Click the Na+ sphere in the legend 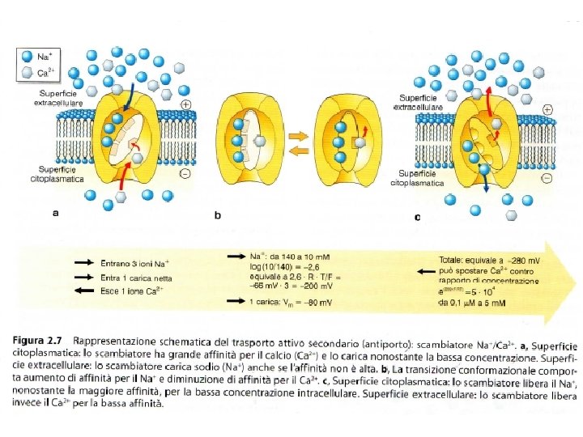[27, 57]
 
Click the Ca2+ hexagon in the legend [27, 73]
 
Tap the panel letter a [55, 214]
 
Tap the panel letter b [217, 215]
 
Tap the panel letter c [417, 216]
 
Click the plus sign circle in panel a [185, 105]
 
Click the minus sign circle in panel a [185, 173]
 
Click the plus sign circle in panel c [548, 108]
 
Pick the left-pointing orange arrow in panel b [298, 151]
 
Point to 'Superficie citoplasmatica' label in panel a [56, 175]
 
